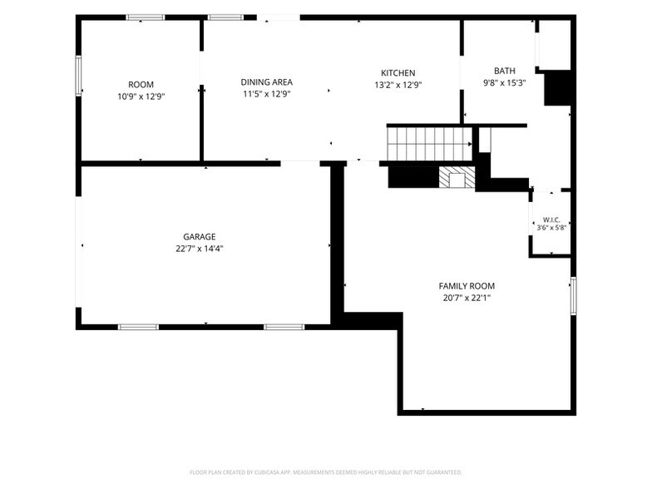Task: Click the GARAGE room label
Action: pos(200,236)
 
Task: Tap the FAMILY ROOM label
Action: pos(467,286)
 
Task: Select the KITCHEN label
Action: pos(398,73)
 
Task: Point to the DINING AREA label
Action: pos(266,82)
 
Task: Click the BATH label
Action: pos(504,71)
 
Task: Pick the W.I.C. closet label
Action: pos(551,220)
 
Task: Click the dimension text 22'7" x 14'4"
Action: pos(200,249)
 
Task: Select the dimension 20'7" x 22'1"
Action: pos(467,298)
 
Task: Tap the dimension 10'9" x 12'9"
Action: pos(141,96)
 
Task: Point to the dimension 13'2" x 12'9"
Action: pos(398,85)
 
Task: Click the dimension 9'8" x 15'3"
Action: pos(504,83)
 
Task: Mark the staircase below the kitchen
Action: pos(429,143)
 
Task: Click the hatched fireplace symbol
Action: pos(457,177)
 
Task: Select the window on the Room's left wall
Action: pos(78,77)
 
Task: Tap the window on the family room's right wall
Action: pos(574,296)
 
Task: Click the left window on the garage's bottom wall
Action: pos(138,328)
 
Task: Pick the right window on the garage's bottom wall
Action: pos(284,328)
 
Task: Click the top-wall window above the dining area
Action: pos(225,17)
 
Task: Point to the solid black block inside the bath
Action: pos(557,88)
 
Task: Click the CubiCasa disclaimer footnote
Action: pos(326,472)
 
